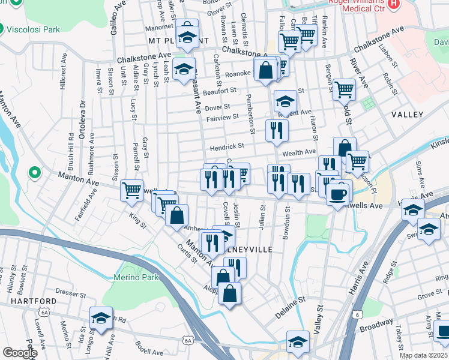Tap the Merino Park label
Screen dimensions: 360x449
coord(136,277)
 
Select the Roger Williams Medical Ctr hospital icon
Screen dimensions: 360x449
coord(394,4)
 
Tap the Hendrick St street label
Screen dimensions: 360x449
coord(226,146)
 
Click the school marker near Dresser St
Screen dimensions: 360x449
coord(101,318)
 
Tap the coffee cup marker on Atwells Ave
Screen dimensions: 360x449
coord(340,192)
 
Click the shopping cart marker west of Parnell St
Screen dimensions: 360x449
coord(131,190)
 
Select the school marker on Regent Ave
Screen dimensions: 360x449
coord(285,101)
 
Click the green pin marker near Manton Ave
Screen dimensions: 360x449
coord(35,174)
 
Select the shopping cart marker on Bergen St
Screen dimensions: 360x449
coord(344,90)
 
